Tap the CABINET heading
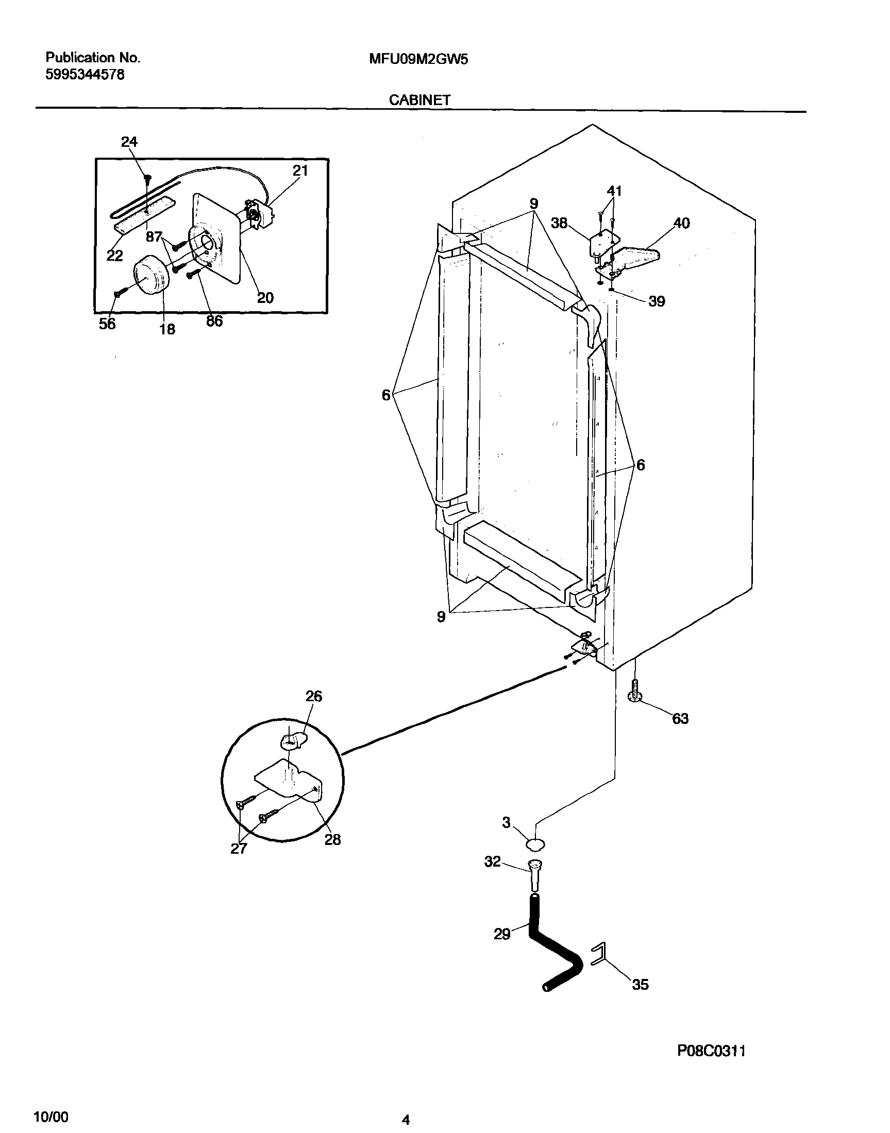pyautogui.click(x=419, y=100)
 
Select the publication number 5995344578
pyautogui.click(x=85, y=75)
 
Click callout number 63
pyautogui.click(x=680, y=719)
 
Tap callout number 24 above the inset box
pyautogui.click(x=129, y=142)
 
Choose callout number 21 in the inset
pyautogui.click(x=300, y=171)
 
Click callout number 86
pyautogui.click(x=214, y=322)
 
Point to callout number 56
pyautogui.click(x=107, y=324)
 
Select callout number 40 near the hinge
pyautogui.click(x=682, y=223)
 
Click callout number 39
pyautogui.click(x=657, y=301)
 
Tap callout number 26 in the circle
pyautogui.click(x=314, y=696)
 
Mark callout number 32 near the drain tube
pyautogui.click(x=493, y=861)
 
